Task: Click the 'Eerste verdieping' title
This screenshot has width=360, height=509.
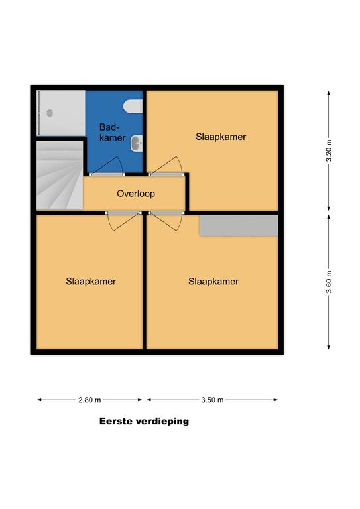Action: tap(144, 422)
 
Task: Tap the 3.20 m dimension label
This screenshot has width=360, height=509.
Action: tap(329, 150)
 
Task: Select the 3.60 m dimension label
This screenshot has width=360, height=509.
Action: tap(329, 282)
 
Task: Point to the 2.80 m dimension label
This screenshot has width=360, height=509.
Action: tap(90, 400)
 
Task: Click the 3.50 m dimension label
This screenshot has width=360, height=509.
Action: tap(212, 400)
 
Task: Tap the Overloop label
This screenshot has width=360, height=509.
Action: tap(136, 194)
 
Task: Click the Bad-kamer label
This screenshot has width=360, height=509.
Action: tap(112, 132)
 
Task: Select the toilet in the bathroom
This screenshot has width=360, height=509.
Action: tap(133, 107)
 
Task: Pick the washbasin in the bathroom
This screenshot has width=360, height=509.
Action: tap(137, 143)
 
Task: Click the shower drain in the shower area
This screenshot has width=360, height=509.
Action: tap(50, 113)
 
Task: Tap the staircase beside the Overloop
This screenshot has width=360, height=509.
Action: tap(60, 175)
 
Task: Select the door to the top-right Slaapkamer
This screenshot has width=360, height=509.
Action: tap(166, 167)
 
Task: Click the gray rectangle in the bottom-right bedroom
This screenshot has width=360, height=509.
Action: tap(239, 225)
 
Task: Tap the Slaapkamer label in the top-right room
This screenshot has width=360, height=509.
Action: tap(221, 137)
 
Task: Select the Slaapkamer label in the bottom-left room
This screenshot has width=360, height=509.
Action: tap(91, 282)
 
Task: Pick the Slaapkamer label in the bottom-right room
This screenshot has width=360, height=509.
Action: tap(213, 282)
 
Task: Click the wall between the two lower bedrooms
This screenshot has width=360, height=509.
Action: tap(145, 282)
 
